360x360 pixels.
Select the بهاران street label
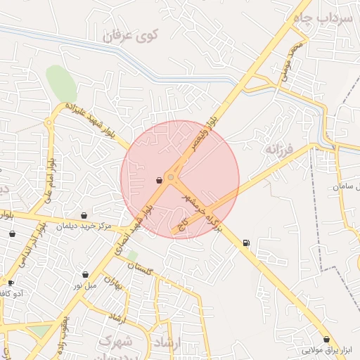[113, 283]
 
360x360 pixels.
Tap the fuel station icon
[245, 243]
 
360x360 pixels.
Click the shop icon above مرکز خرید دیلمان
[84, 216]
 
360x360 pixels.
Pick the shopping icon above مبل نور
[86, 274]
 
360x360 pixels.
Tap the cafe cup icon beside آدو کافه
[11, 282]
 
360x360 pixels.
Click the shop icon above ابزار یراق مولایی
[326, 339]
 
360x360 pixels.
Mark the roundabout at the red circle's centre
[171, 178]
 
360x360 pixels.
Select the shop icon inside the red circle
[159, 180]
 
